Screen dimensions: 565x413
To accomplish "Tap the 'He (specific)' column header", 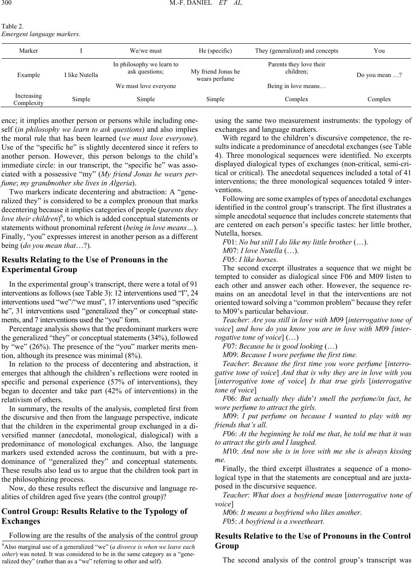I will coord(215,51).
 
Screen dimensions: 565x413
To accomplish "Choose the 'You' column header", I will coord(379,51).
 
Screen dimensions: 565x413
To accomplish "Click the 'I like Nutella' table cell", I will coord(81,75).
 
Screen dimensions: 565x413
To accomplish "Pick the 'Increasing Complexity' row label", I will coord(28,99).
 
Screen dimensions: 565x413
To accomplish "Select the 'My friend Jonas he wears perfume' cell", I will coord(215,75).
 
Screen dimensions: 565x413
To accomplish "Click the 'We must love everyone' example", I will coord(146,86).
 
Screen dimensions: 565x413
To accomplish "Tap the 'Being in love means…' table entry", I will coord(296,86).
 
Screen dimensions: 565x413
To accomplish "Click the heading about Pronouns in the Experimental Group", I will coord(85,264).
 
